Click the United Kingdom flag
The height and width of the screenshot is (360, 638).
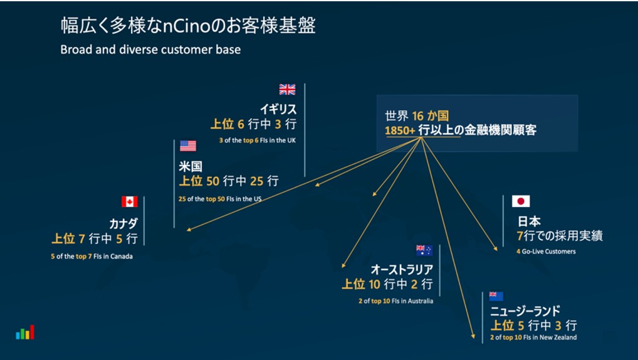pos(287,90)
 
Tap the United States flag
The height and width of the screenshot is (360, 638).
pos(187,146)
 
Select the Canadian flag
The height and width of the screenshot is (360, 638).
pos(129,201)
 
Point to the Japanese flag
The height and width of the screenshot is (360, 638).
pos(521,201)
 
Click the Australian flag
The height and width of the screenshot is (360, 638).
pos(424,250)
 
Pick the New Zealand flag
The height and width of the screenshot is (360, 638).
pos(496,296)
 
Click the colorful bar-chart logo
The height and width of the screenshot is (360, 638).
pos(25,332)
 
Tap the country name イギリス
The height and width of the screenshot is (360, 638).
pos(278,109)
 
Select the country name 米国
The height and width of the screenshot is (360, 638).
pos(191,166)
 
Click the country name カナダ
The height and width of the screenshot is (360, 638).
pos(123,223)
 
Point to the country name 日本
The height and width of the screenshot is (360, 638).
pos(529,221)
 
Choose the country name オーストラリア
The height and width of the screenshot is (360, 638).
pos(402,269)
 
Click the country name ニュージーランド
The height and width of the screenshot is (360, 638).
pos(525,311)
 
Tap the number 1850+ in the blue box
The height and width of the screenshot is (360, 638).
pos(400,130)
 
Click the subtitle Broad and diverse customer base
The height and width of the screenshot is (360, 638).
pos(150,50)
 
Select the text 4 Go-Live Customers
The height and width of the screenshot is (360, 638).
pos(546,251)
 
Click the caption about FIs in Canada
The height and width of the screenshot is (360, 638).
pos(92,256)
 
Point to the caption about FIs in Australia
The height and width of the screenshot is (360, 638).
pos(396,301)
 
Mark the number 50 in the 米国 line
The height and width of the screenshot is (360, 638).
pos(213,181)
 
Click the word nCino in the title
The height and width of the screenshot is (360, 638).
pos(189,26)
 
